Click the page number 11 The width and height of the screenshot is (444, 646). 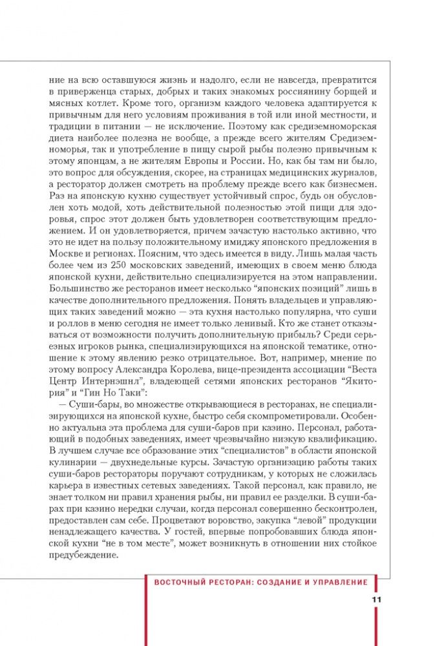click(377, 599)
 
